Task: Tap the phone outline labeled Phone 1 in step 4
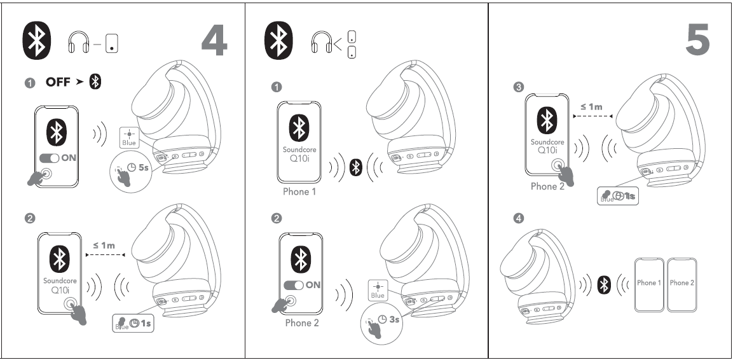click(x=649, y=283)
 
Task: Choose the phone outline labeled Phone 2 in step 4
click(x=682, y=283)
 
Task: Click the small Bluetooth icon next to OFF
click(x=95, y=82)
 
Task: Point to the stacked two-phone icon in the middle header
click(x=351, y=43)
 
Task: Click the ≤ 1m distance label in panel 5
click(x=591, y=107)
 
